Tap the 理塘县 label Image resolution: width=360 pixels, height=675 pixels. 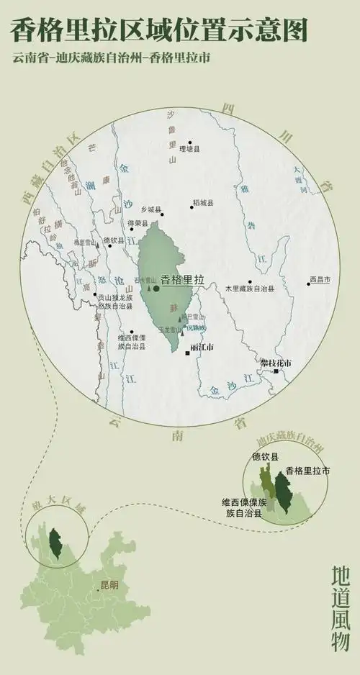[x=189, y=150]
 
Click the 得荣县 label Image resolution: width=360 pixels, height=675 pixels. [x=138, y=224]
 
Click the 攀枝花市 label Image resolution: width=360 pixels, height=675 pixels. [x=276, y=363]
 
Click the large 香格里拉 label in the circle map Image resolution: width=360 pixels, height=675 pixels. [x=183, y=279]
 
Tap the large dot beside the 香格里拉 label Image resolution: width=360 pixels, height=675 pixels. [x=156, y=288]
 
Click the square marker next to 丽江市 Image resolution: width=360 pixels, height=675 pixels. [x=188, y=353]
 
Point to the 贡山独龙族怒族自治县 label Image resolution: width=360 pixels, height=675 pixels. [x=114, y=302]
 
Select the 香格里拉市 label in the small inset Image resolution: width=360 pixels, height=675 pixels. [x=307, y=471]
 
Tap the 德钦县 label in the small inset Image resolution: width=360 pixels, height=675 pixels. [x=265, y=456]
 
